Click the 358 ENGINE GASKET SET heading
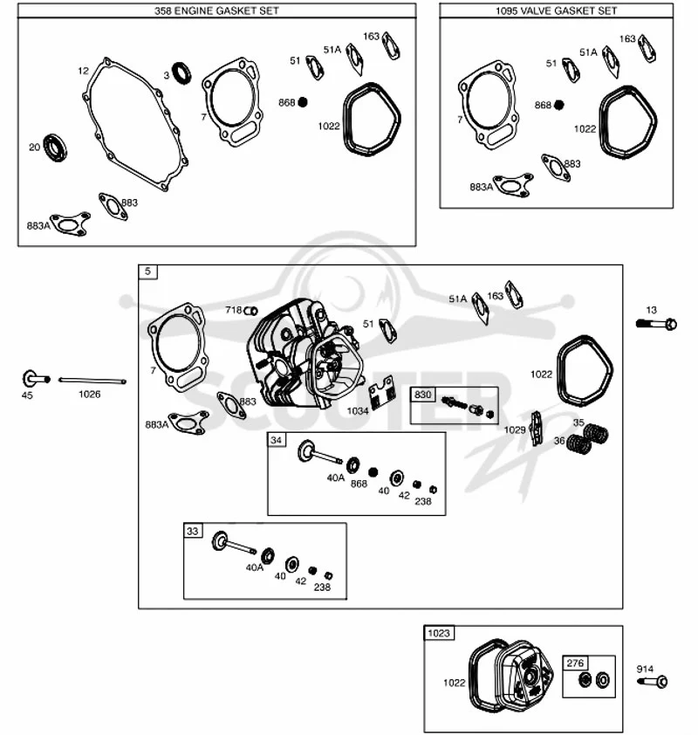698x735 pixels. tap(216, 10)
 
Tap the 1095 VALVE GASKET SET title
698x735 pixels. tap(556, 10)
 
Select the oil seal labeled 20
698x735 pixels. tap(55, 148)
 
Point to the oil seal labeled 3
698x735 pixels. tap(181, 73)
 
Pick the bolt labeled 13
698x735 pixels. tap(656, 324)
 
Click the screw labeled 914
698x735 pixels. tap(653, 681)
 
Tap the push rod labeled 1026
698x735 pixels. tap(92, 380)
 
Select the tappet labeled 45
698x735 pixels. tap(35, 378)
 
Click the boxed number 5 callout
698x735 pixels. tap(148, 271)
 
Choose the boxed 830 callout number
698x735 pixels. tap(422, 395)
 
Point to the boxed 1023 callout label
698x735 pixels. tap(439, 633)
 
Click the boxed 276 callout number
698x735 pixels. tap(575, 663)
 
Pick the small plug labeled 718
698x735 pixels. tap(251, 311)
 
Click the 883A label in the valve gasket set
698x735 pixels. tap(481, 187)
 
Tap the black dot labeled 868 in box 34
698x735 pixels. tap(373, 472)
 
